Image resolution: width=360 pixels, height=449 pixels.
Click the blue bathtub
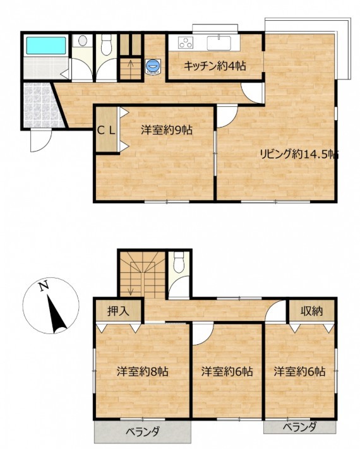coord(46,45)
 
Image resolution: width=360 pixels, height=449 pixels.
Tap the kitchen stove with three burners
coord(186,43)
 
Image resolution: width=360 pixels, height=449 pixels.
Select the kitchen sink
coord(219,43)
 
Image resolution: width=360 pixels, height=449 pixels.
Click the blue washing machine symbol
coord(153,67)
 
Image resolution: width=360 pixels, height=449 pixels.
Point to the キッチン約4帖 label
coord(215,66)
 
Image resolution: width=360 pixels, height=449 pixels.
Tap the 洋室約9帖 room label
coord(167,130)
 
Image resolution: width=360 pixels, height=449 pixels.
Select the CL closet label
coord(106,131)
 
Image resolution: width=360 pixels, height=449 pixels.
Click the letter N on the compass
coord(44,286)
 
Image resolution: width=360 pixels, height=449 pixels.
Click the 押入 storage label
coord(118,311)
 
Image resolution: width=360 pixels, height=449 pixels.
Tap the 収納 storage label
coord(311,311)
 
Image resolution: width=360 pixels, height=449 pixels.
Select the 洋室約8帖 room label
coord(142,372)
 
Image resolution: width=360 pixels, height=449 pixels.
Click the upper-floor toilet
coord(179,262)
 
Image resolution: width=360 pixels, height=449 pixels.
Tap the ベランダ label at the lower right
coord(300,428)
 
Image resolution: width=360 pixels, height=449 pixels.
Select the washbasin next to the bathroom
coord(82,40)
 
